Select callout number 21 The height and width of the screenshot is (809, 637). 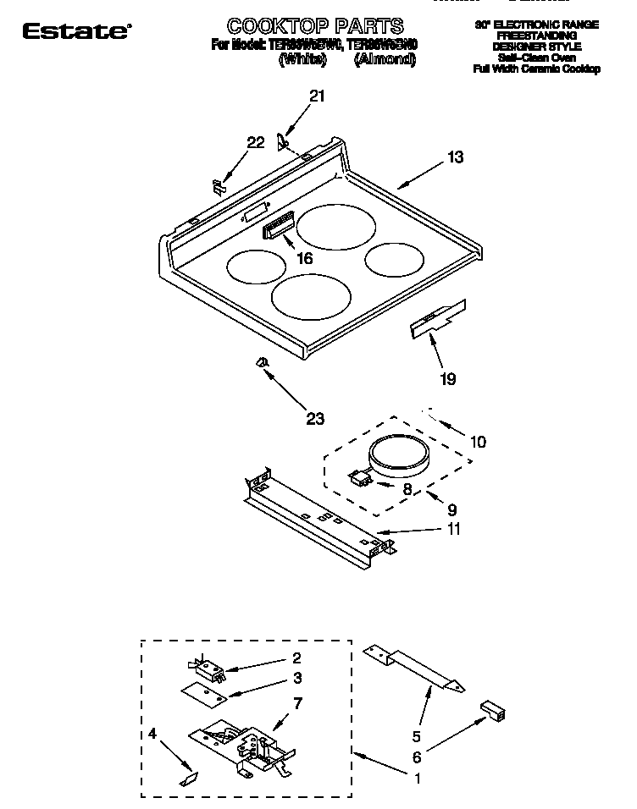317,96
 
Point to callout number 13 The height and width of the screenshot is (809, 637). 456,157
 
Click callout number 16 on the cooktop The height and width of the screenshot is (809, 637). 304,258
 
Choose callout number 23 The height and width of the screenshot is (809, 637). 315,417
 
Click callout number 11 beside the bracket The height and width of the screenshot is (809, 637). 454,530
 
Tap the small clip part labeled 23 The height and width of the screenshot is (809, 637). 263,363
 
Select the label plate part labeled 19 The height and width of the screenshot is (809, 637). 439,317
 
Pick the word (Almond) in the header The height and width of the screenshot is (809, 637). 385,59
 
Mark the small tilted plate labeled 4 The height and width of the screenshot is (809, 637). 191,776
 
